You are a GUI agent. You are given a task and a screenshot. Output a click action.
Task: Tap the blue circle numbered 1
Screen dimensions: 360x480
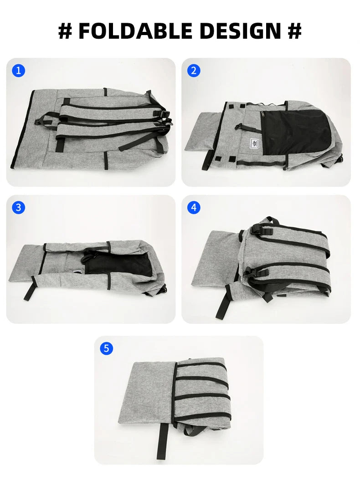click(18, 71)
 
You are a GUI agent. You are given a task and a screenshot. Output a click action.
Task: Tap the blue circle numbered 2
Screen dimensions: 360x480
click(194, 71)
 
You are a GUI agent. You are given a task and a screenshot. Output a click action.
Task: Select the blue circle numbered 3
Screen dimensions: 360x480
click(18, 208)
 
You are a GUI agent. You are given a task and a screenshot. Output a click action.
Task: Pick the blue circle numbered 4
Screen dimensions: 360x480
click(194, 208)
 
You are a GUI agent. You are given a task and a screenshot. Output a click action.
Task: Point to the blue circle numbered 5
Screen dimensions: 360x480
click(106, 348)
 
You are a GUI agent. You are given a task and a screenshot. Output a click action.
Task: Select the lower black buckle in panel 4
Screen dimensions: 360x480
click(258, 272)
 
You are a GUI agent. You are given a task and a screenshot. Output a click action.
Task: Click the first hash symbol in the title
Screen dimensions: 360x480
click(65, 31)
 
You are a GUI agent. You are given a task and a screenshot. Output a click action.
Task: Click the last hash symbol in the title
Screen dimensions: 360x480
click(294, 31)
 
